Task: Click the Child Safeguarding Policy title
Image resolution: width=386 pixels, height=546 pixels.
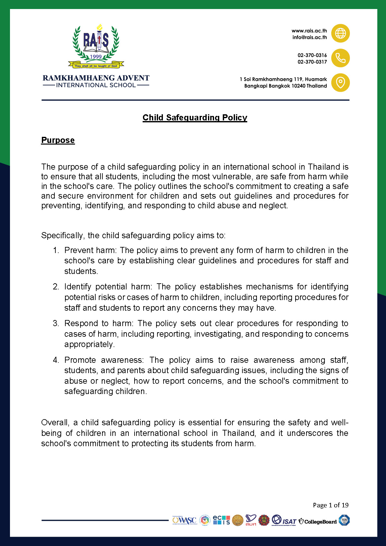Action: click(195, 118)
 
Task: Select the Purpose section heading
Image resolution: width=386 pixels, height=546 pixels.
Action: click(58, 140)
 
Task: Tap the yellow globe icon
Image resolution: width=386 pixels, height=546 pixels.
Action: click(340, 33)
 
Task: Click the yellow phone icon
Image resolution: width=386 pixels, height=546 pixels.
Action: click(340, 58)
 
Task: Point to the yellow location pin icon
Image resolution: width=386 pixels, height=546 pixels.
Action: click(340, 83)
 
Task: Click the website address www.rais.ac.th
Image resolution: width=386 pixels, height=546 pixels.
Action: click(309, 31)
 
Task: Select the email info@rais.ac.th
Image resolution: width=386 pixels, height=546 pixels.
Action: click(309, 37)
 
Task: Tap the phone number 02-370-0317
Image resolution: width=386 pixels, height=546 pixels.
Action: click(312, 62)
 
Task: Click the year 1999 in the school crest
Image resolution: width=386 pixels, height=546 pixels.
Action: click(96, 57)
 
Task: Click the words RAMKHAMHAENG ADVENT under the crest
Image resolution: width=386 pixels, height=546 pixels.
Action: click(96, 78)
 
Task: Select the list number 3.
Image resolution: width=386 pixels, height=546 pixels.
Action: click(56, 323)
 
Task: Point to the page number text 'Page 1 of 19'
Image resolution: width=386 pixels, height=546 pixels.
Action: click(331, 505)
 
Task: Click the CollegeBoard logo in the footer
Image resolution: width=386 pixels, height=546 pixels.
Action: click(318, 521)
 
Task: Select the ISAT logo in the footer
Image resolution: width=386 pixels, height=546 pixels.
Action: click(284, 521)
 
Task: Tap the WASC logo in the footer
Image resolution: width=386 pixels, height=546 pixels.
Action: click(184, 521)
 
